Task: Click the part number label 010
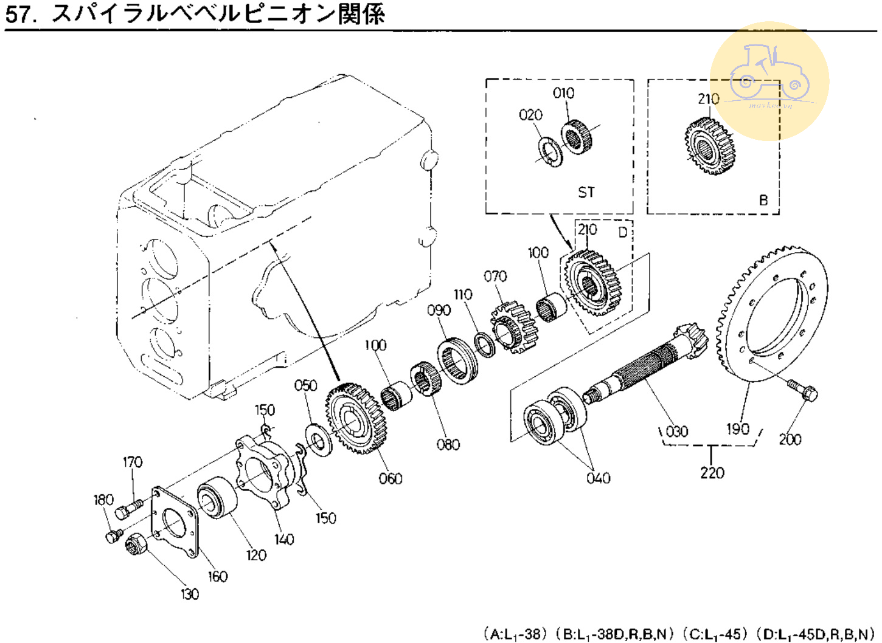point(563,93)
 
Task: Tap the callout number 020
point(530,115)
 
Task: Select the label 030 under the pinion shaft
point(676,432)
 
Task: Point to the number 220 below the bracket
point(712,472)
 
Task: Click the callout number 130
point(190,594)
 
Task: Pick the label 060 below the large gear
point(391,479)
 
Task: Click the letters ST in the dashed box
point(586,193)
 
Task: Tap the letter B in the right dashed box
point(763,200)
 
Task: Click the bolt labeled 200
point(803,390)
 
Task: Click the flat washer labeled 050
point(318,439)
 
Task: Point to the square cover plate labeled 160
point(175,523)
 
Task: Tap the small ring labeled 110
point(484,345)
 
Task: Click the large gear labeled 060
point(357,419)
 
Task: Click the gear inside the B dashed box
point(709,146)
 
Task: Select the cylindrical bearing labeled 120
point(217,498)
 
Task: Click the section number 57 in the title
point(17,13)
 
